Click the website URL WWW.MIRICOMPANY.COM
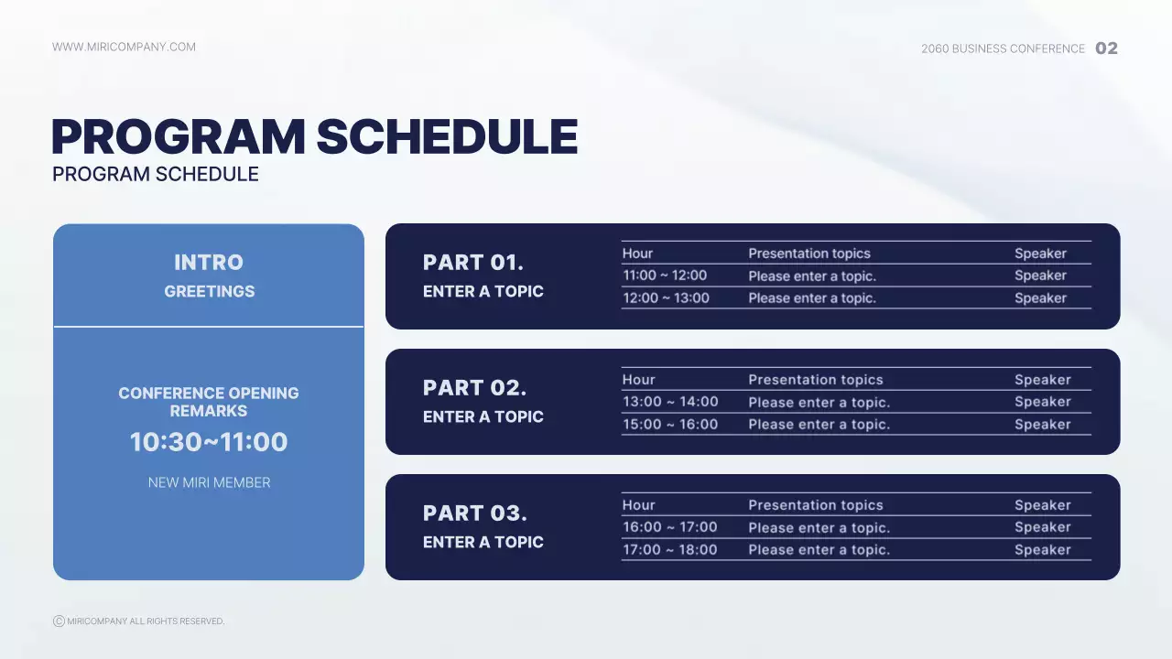[124, 47]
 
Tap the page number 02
[1106, 49]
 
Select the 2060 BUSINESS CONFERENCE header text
[1003, 49]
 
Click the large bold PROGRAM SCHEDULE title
[314, 137]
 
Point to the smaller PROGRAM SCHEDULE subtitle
[156, 174]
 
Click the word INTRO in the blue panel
[209, 263]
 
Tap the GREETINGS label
[209, 291]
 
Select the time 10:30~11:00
[209, 442]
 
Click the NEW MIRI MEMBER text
[209, 482]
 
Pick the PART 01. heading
[473, 263]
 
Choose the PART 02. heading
[474, 388]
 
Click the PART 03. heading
[474, 513]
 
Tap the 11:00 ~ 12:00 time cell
[665, 275]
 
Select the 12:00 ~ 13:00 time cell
[666, 297]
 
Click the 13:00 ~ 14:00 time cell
[670, 402]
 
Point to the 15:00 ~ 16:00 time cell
[670, 424]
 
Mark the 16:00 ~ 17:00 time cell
[670, 527]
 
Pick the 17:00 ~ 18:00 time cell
[670, 549]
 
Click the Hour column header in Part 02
[638, 380]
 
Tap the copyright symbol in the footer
[59, 621]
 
